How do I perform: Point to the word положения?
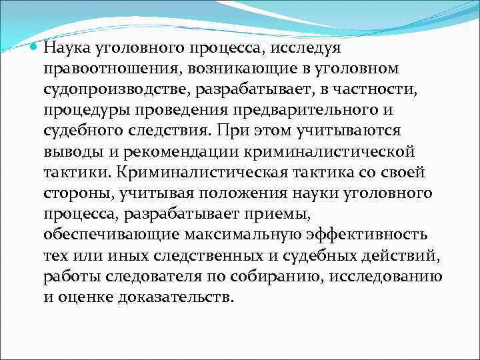(x=239, y=193)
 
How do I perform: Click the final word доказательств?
(x=176, y=297)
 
